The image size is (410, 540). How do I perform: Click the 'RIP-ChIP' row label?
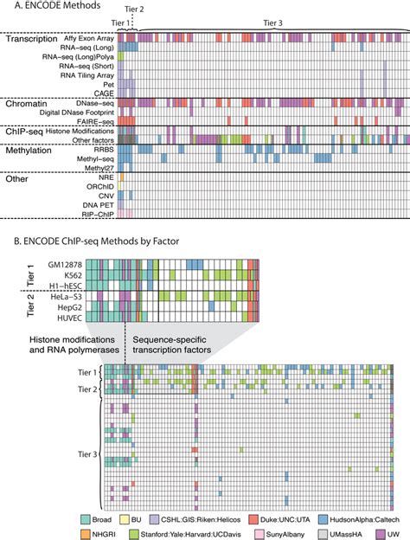pyautogui.click(x=97, y=213)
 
